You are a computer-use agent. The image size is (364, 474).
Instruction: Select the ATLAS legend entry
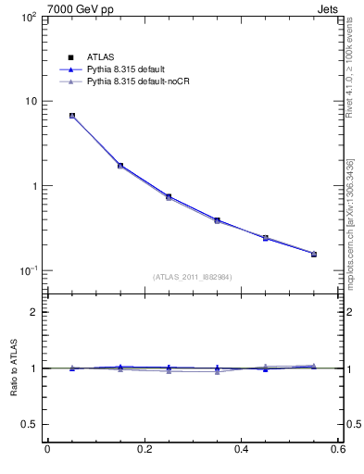99,56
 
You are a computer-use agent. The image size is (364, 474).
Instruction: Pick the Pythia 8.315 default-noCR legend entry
134,82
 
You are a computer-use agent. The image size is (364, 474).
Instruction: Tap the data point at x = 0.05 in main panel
72,116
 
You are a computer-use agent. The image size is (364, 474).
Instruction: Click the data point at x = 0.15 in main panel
120,166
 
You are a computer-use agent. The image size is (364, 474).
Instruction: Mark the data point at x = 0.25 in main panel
169,196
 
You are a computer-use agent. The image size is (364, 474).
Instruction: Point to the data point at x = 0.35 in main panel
217,220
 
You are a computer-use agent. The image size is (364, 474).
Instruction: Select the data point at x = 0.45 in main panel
265,238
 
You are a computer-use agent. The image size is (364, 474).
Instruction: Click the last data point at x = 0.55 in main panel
313,254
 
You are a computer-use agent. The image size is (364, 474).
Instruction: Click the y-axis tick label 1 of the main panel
32,186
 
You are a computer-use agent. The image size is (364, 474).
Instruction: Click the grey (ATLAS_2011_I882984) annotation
193,277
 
